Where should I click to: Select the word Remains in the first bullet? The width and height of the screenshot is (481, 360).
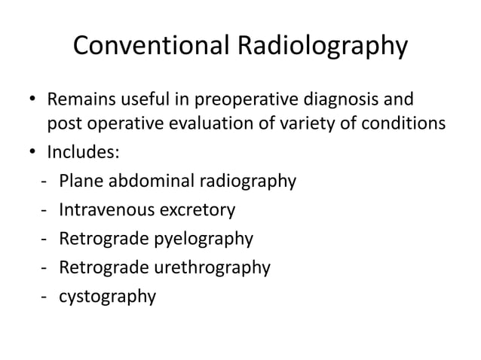pos(80,99)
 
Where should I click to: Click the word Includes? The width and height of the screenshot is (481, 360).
pos(82,153)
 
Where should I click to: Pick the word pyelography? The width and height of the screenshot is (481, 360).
pos(205,239)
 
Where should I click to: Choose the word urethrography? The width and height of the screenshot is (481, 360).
pos(216,267)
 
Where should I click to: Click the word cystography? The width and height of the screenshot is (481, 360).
pos(108,296)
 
